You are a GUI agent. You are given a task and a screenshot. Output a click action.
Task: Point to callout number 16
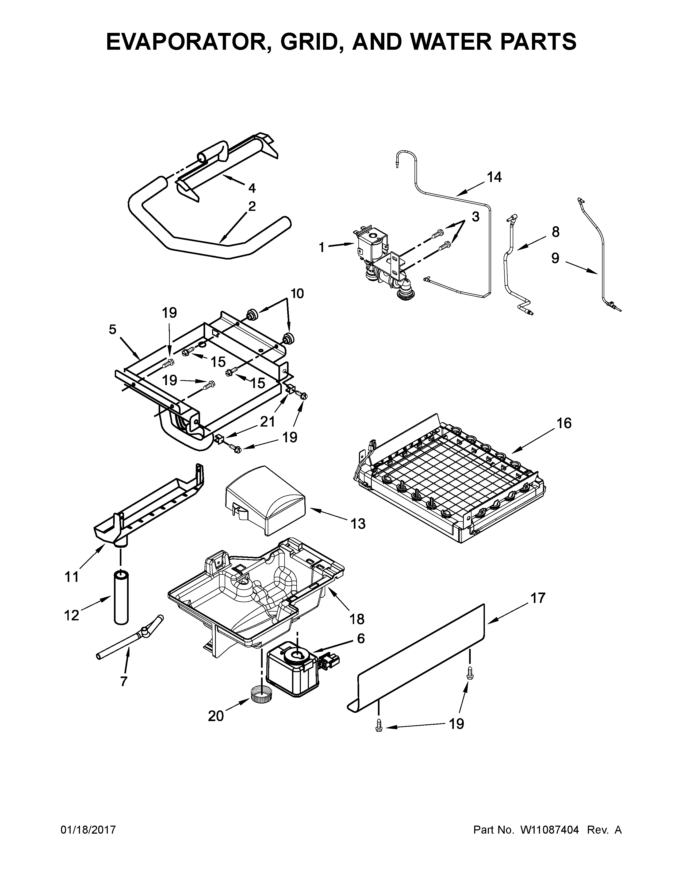[564, 423]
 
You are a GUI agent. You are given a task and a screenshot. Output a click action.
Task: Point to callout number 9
[555, 258]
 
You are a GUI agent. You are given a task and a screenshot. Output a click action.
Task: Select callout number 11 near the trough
[72, 577]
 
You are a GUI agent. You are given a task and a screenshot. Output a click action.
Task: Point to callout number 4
[252, 188]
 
